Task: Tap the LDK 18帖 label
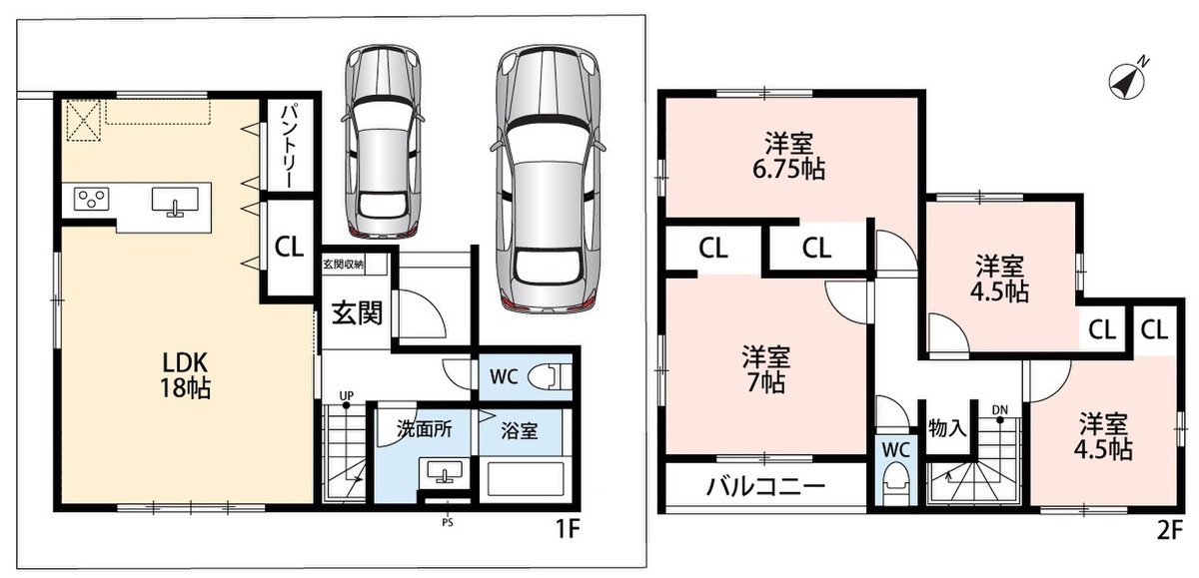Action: click(x=186, y=375)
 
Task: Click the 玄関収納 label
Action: click(x=343, y=265)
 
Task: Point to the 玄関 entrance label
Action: click(x=357, y=312)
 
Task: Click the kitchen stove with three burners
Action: click(x=92, y=199)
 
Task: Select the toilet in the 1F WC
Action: click(x=550, y=377)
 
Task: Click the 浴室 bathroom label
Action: click(x=520, y=430)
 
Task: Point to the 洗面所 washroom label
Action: click(x=424, y=429)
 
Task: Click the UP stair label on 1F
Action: click(x=347, y=395)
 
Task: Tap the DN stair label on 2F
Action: click(x=999, y=410)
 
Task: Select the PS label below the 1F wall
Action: click(x=448, y=522)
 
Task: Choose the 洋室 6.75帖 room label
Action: click(x=789, y=156)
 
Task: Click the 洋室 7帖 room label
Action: click(x=766, y=369)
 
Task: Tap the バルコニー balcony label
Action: click(x=765, y=486)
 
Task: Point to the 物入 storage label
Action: click(x=947, y=427)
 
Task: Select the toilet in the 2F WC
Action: click(x=895, y=482)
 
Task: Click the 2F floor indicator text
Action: click(x=1170, y=530)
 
